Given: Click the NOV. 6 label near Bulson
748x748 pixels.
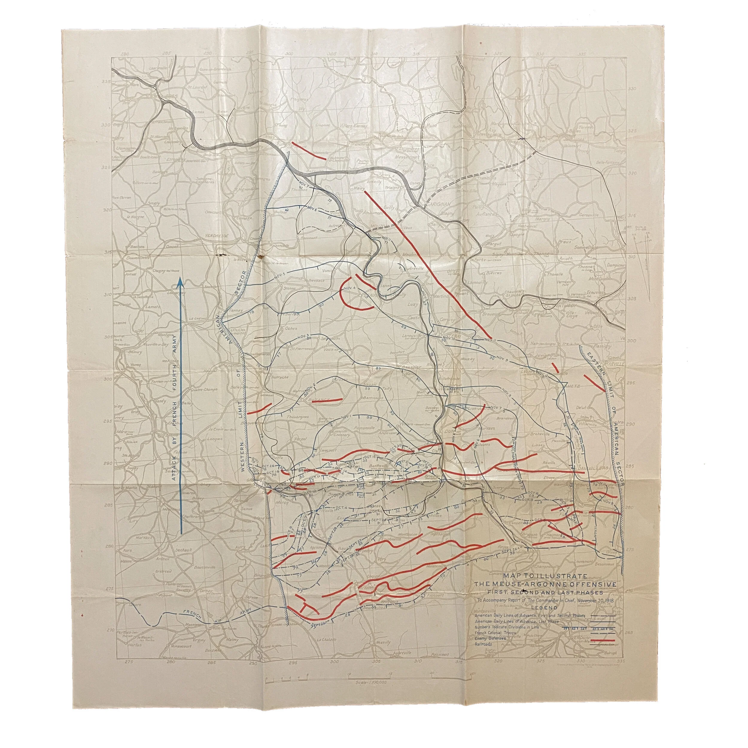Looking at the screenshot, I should (x=312, y=209).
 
